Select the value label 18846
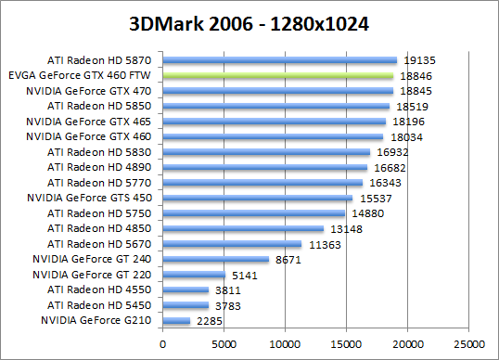click(x=416, y=75)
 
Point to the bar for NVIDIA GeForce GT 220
click(x=194, y=275)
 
